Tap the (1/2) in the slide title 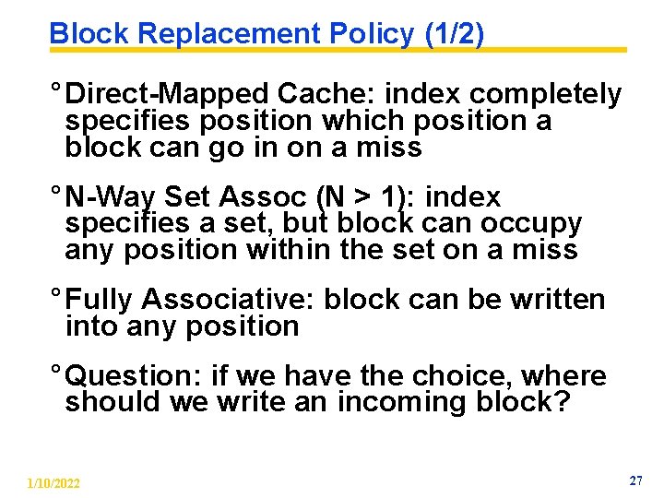click(454, 34)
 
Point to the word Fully click(101, 300)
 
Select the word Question click(136, 376)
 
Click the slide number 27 click(635, 481)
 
